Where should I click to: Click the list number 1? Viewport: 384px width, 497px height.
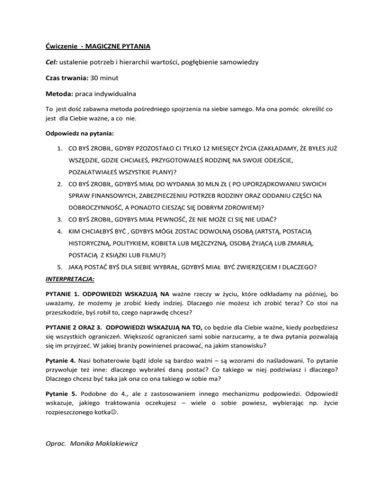[59, 148]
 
